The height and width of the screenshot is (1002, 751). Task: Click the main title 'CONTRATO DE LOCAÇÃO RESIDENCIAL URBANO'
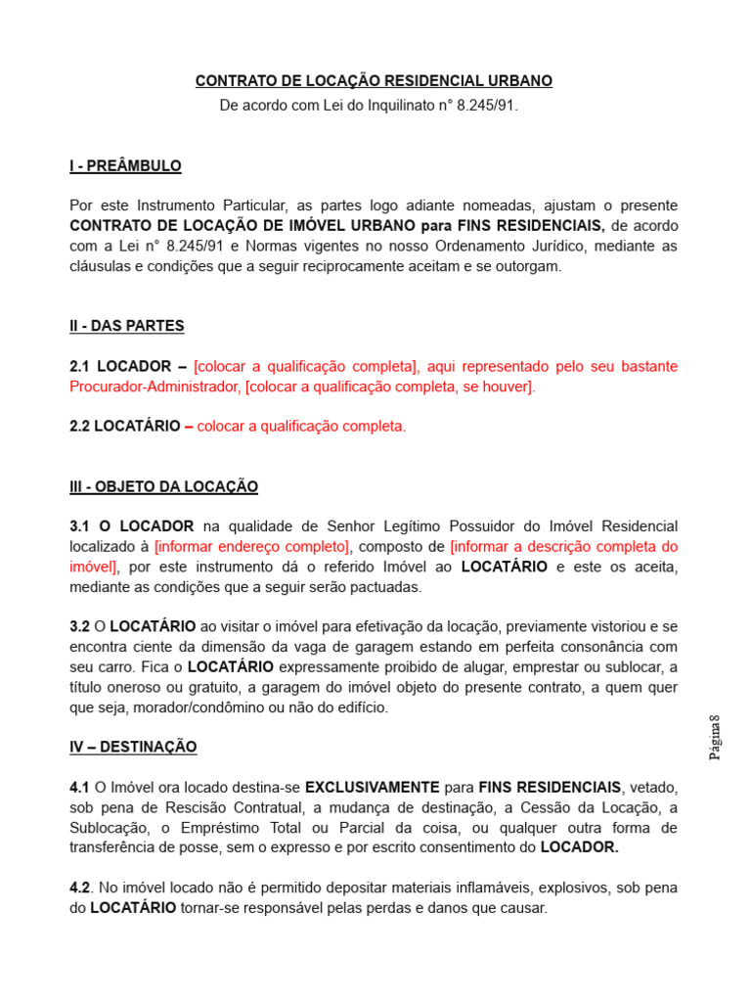tap(374, 80)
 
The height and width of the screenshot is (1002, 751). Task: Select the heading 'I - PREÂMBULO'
tap(125, 166)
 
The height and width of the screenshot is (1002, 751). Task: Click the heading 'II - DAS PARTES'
tap(127, 326)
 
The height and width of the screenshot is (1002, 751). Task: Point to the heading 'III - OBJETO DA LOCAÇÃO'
tap(163, 486)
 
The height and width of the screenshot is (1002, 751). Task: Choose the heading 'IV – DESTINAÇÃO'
tap(133, 747)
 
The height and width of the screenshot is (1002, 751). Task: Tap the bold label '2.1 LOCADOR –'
tap(128, 366)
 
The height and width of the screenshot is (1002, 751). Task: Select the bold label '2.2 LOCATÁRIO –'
tap(131, 427)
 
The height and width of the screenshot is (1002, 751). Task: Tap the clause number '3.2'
tap(79, 626)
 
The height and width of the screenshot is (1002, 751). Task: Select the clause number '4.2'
tap(80, 888)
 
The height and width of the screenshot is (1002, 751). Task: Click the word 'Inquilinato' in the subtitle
tap(372, 104)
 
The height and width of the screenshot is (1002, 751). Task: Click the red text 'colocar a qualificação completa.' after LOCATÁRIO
tap(301, 427)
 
